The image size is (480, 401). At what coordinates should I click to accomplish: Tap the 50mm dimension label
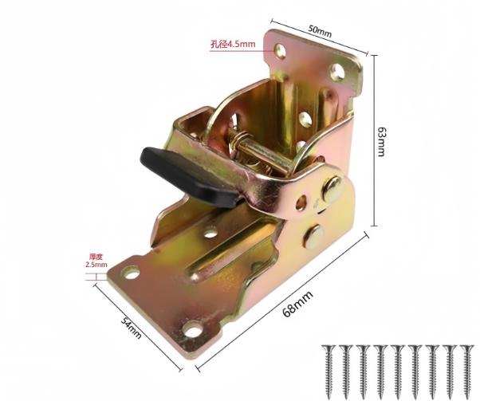coord(320,31)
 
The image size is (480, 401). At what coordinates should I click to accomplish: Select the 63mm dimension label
coord(380,141)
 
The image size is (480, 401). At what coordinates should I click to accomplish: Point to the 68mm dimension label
coord(297,304)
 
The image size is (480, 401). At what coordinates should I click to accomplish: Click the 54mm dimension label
coord(132,328)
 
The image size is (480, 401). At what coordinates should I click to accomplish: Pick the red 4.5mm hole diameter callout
coord(233,44)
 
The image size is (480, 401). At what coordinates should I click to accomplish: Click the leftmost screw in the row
coord(329,369)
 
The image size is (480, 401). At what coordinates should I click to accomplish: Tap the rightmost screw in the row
coord(466,369)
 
